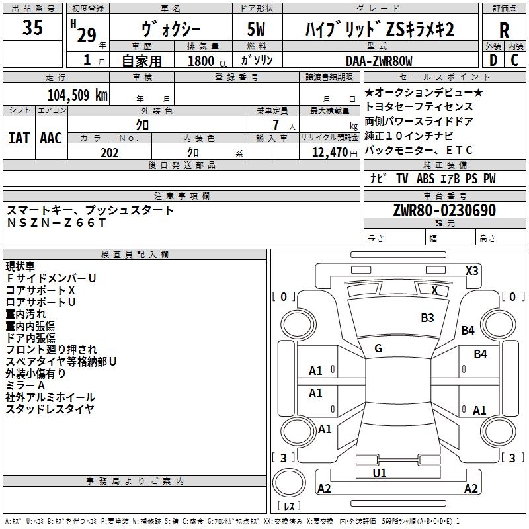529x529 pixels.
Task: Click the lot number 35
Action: point(32,27)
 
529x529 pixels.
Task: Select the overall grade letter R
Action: point(504,30)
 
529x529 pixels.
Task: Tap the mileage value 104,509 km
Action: point(77,95)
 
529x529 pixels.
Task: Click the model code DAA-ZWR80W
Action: point(379,61)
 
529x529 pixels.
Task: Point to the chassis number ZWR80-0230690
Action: point(444,210)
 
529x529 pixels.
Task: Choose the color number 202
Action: point(109,153)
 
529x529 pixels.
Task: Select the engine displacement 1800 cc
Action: point(208,61)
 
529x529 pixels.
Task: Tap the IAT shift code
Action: point(19,138)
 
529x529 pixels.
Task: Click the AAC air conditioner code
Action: point(51,138)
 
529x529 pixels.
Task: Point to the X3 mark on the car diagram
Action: point(471,271)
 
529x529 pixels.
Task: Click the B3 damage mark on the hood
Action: point(427,318)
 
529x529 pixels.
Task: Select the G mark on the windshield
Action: point(378,348)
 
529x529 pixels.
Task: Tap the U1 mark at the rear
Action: point(379,473)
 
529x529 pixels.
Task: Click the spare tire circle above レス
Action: point(289,483)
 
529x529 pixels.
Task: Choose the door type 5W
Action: point(256,29)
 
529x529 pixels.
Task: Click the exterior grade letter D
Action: point(493,60)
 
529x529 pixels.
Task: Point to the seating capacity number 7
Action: point(276,125)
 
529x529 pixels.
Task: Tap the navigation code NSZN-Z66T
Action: point(56,223)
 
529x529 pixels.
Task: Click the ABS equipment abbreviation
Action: point(425,179)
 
